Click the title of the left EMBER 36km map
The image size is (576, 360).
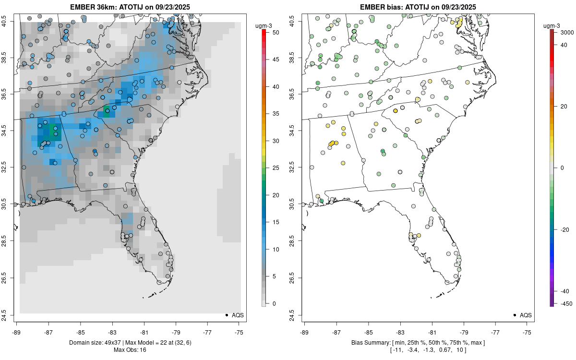pyautogui.click(x=130, y=7)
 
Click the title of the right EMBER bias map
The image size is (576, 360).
pyautogui.click(x=418, y=7)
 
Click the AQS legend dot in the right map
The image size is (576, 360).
pyautogui.click(x=515, y=315)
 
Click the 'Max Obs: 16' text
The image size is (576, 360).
pyautogui.click(x=130, y=350)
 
